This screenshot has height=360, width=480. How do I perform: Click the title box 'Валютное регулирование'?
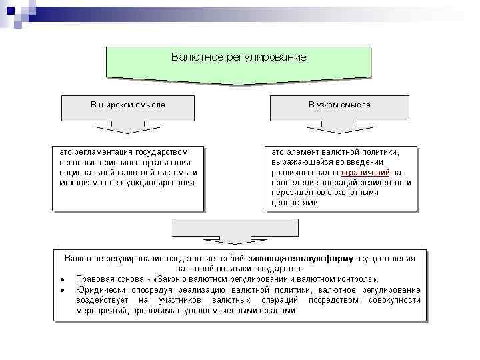pyautogui.click(x=239, y=58)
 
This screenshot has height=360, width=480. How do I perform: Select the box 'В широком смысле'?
pyautogui.click(x=128, y=105)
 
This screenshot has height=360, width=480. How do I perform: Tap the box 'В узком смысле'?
pyautogui.click(x=339, y=105)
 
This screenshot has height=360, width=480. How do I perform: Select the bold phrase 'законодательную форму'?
pyautogui.click(x=301, y=258)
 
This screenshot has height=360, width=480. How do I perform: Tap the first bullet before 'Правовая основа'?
pyautogui.click(x=61, y=279)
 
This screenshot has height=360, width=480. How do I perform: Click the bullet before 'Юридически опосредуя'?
pyautogui.click(x=61, y=290)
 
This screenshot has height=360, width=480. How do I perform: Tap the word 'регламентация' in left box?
pyautogui.click(x=101, y=151)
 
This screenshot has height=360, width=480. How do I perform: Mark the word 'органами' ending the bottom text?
pyautogui.click(x=276, y=311)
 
